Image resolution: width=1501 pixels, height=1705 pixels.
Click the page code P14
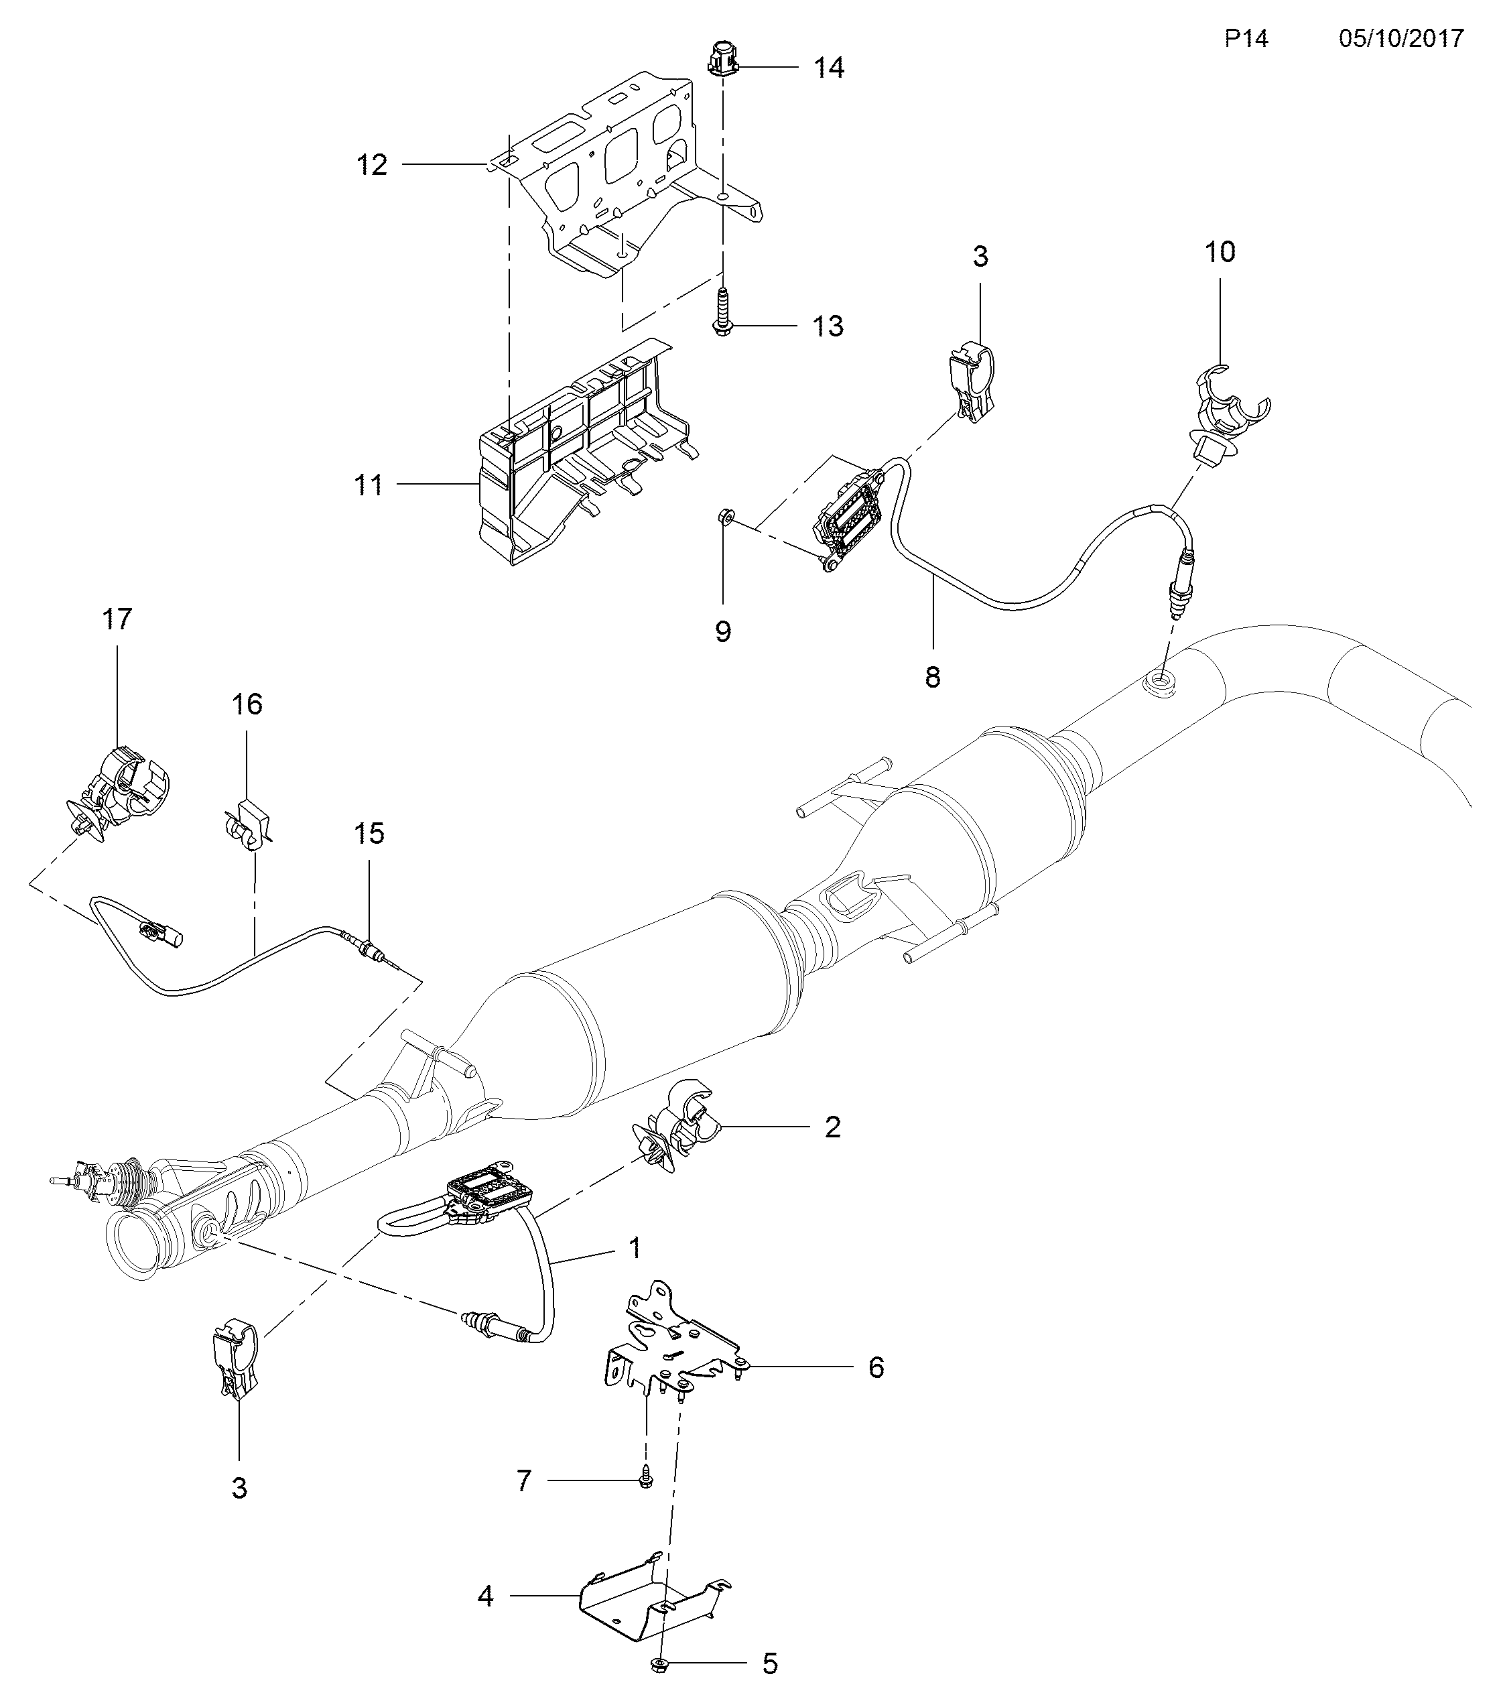[1246, 38]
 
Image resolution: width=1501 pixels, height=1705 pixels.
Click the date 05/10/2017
[1401, 38]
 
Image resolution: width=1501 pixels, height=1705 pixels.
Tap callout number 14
[828, 68]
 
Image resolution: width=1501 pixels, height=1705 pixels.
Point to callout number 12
[372, 165]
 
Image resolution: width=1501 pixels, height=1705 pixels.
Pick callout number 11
[369, 485]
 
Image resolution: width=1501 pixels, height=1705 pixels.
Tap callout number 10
[1220, 251]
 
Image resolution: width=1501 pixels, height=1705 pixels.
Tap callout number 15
[369, 832]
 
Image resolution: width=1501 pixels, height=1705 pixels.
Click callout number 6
[876, 1367]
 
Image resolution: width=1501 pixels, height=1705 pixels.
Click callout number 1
[635, 1248]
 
